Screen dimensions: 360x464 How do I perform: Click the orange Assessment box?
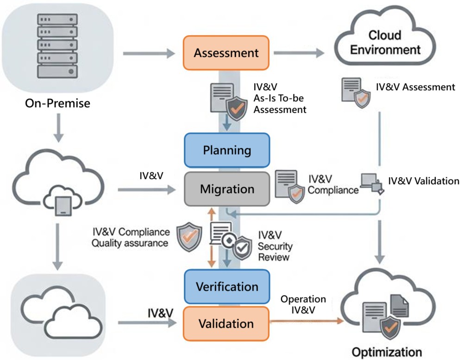pyautogui.click(x=226, y=53)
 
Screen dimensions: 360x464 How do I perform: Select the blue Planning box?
pyautogui.click(x=227, y=150)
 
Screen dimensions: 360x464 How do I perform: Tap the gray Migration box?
pyautogui.click(x=227, y=189)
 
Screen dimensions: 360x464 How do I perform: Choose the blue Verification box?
pyautogui.click(x=227, y=286)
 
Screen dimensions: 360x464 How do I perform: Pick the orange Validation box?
pyautogui.click(x=226, y=323)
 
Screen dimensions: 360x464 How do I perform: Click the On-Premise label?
pyautogui.click(x=57, y=104)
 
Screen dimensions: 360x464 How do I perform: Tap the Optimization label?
pyautogui.click(x=387, y=351)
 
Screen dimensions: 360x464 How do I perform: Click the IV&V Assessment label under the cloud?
pyautogui.click(x=416, y=87)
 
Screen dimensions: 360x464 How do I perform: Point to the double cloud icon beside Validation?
pyautogui.click(x=57, y=309)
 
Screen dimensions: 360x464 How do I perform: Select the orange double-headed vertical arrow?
pyautogui.click(x=211, y=238)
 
